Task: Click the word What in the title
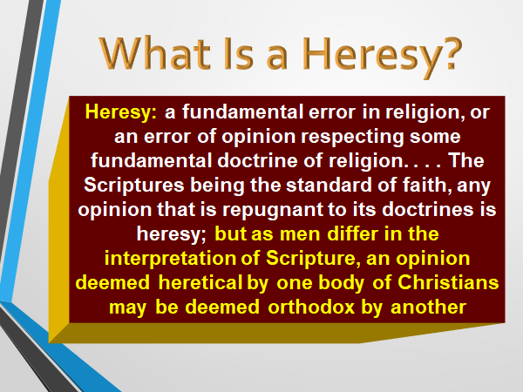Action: click(155, 53)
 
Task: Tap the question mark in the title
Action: click(452, 52)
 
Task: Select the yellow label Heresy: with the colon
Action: click(121, 112)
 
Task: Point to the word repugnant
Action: click(273, 210)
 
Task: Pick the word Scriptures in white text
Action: click(133, 185)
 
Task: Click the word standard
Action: click(329, 185)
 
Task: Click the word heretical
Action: click(200, 282)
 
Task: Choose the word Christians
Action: click(448, 282)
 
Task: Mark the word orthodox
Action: click(311, 307)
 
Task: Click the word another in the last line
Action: click(428, 308)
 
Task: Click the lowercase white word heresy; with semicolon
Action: click(172, 234)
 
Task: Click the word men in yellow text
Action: click(300, 234)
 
